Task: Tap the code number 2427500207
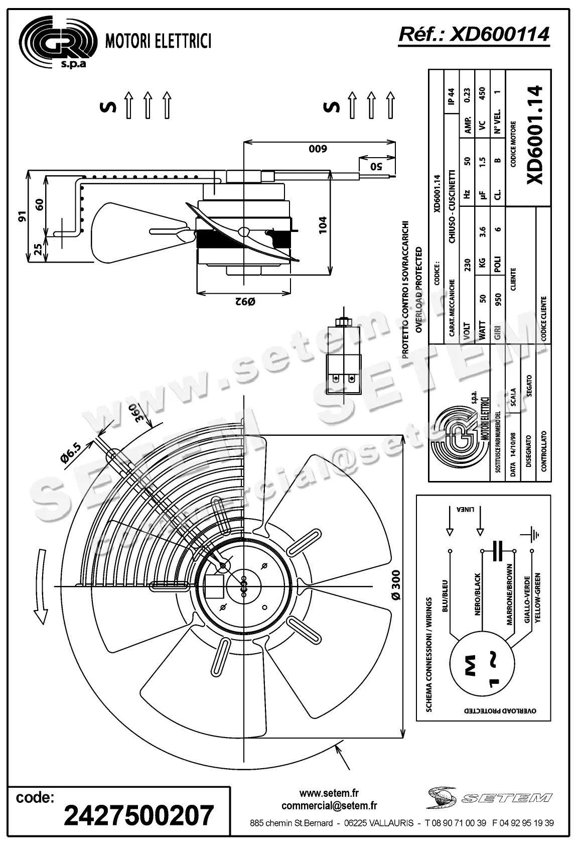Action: coord(139,815)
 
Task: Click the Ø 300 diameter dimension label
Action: coord(396,585)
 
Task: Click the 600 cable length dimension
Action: coord(317,149)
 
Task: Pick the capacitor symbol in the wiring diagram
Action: coord(498,551)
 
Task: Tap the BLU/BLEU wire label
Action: coord(445,596)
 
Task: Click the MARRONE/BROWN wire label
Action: coord(510,594)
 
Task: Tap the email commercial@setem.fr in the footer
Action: coord(329,806)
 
